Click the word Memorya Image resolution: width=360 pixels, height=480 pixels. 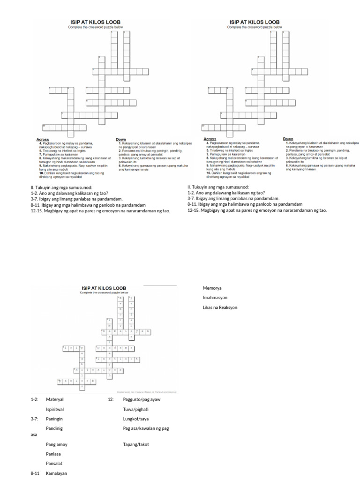pos(212,287)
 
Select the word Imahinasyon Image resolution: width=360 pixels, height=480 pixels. pos(216,297)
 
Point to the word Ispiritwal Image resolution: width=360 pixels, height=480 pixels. pos(55,409)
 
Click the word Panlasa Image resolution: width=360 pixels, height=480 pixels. pos(53,454)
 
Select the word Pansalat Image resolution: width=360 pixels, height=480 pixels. pos(54,464)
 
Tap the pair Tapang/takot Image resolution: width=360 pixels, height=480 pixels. pos(136,444)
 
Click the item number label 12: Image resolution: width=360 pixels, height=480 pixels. pos(111,399)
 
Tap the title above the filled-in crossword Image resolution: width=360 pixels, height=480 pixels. pos(103,287)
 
